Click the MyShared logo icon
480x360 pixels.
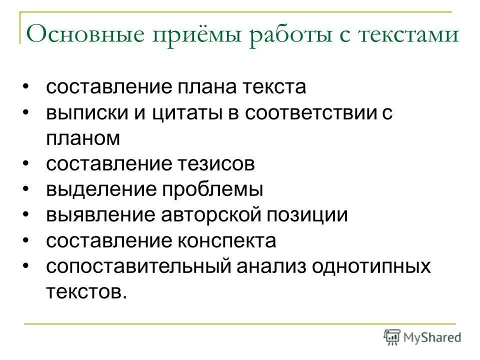click(x=392, y=336)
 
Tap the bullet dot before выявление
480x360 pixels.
click(x=25, y=214)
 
